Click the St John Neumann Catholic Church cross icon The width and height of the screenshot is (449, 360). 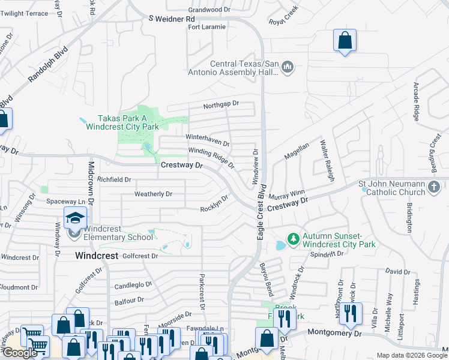pyautogui.click(x=434, y=188)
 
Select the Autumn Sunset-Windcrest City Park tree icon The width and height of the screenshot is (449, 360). pyautogui.click(x=294, y=239)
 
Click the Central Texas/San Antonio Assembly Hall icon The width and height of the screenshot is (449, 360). pyautogui.click(x=287, y=67)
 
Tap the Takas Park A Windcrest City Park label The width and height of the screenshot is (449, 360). pyautogui.click(x=122, y=123)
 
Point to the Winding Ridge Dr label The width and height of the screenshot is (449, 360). pyautogui.click(x=211, y=158)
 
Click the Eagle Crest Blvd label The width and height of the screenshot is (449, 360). pyautogui.click(x=261, y=217)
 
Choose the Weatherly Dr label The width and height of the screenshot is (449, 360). pyautogui.click(x=153, y=194)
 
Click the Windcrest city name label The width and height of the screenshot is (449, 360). pyautogui.click(x=95, y=256)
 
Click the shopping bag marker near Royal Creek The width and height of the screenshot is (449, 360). pyautogui.click(x=345, y=41)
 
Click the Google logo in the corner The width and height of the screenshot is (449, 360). pyautogui.click(x=20, y=353)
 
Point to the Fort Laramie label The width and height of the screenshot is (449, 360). pyautogui.click(x=206, y=27)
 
